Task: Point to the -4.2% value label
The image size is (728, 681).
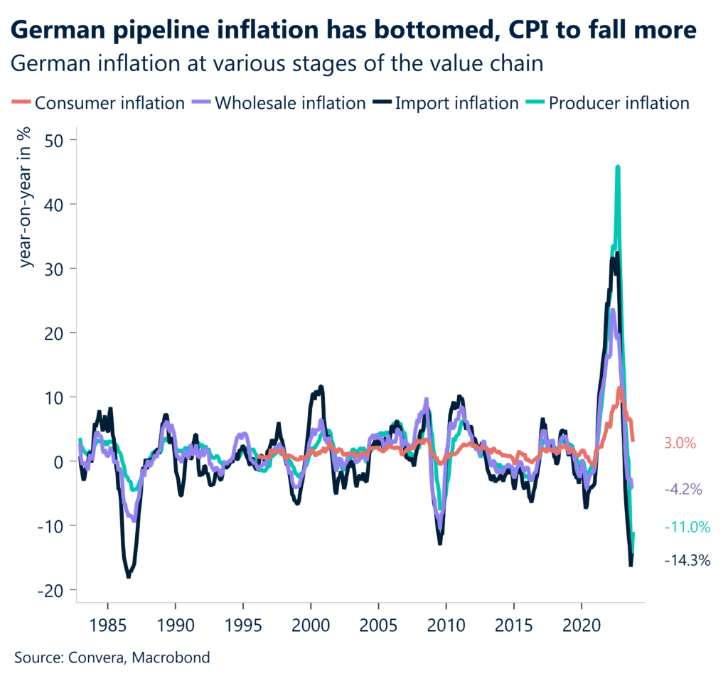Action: [x=683, y=489]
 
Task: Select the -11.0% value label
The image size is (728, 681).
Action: [x=687, y=527]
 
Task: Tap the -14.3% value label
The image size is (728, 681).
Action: [x=687, y=560]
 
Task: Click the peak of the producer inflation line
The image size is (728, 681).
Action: [x=618, y=167]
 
